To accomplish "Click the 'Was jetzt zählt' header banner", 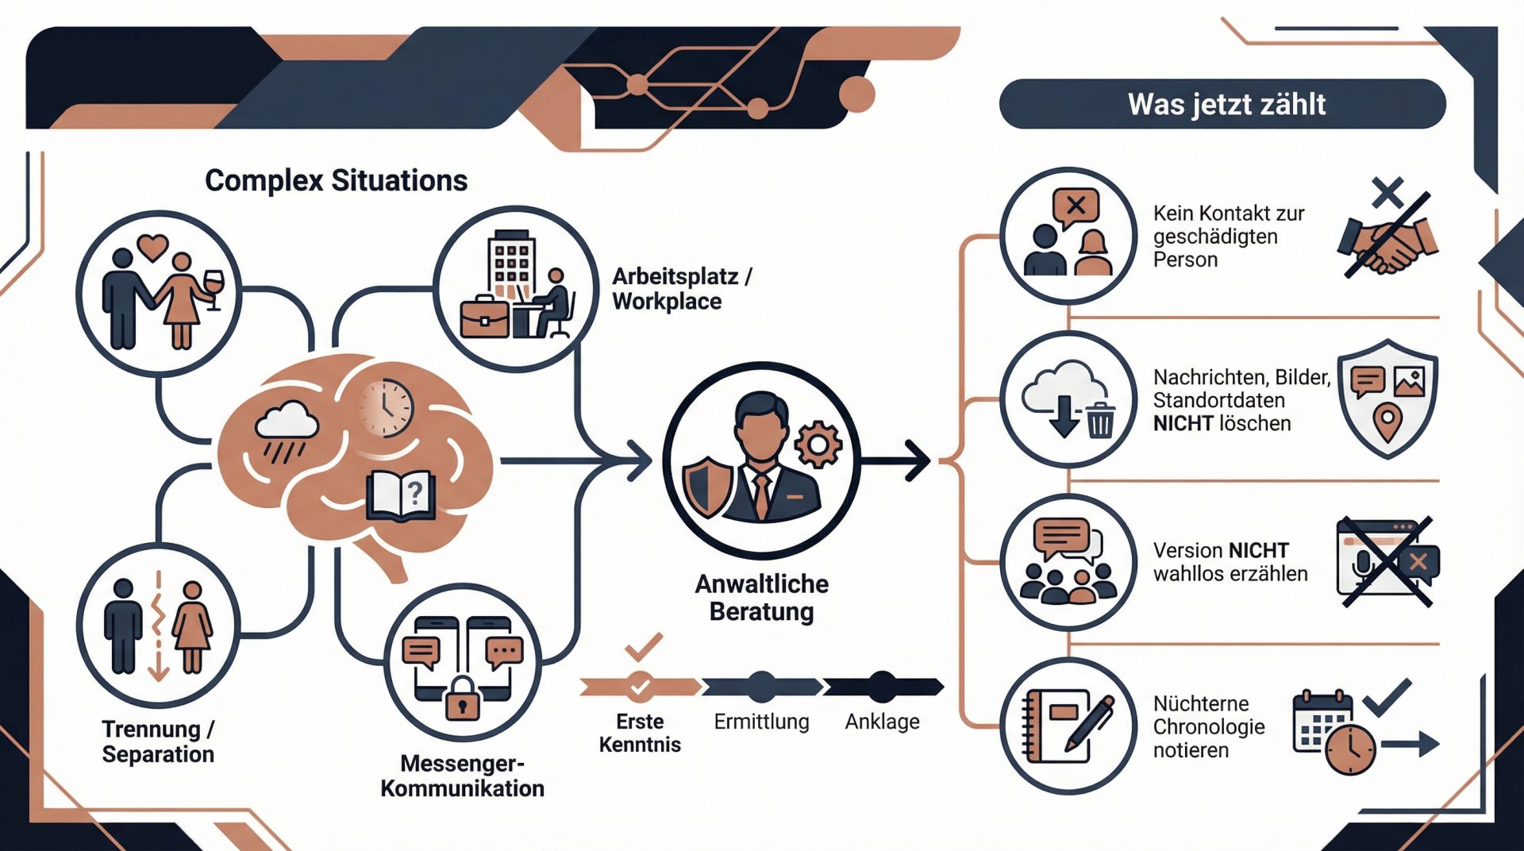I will tap(1222, 104).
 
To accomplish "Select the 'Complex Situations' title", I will tap(336, 180).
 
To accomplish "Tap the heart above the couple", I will tap(152, 246).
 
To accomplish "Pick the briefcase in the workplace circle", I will tap(484, 317).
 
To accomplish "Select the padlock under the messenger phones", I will tap(462, 698).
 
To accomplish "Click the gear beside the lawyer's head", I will tap(818, 444).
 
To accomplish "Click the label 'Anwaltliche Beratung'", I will tap(762, 598).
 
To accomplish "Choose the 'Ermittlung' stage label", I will tap(761, 722).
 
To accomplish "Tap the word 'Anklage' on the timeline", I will tap(882, 722).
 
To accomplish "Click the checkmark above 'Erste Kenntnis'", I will tap(644, 647).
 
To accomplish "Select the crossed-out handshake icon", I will tap(1387, 238).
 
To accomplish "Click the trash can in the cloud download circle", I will tap(1100, 420).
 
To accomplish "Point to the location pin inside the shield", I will tap(1387, 420).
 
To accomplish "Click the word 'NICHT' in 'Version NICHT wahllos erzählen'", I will tap(1258, 550).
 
